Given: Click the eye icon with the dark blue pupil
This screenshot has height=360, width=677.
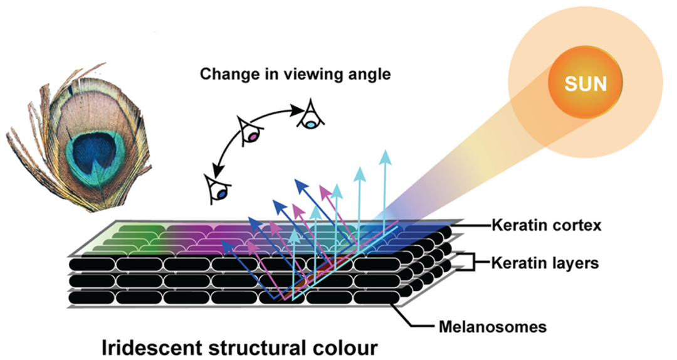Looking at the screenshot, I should [x=220, y=190].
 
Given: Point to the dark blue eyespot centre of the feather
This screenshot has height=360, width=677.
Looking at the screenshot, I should [x=94, y=153].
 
